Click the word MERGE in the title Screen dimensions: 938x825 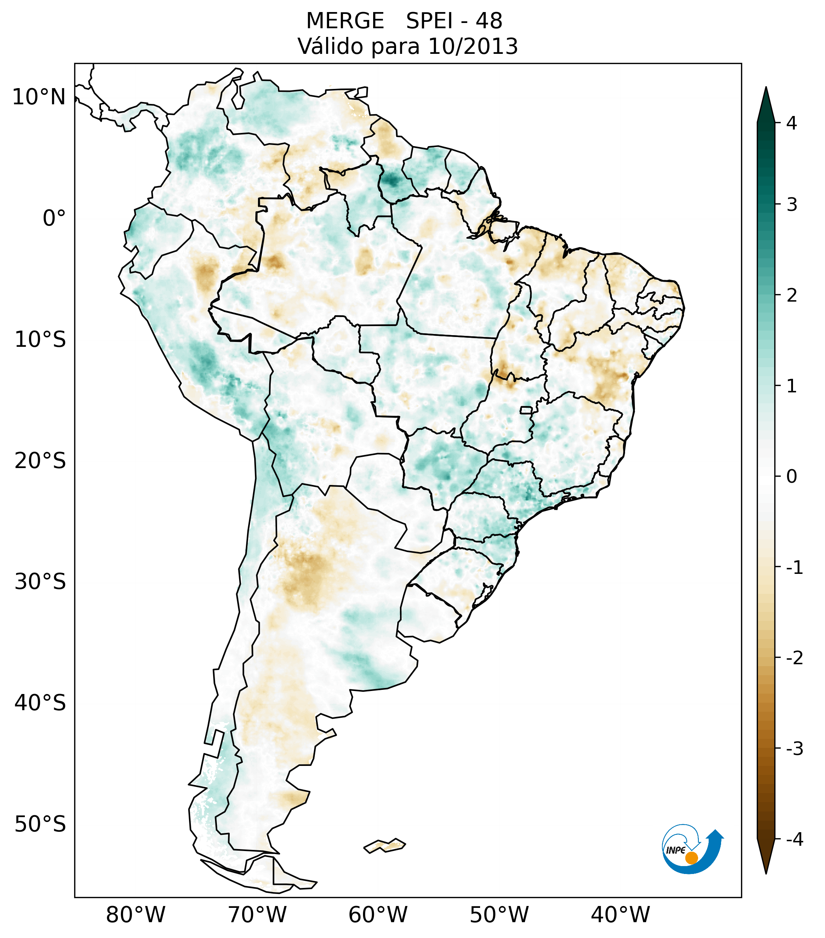click(x=345, y=21)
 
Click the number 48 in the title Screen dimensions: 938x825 click(x=489, y=21)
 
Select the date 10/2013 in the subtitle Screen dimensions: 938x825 click(x=473, y=46)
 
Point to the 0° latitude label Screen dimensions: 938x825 click(x=54, y=218)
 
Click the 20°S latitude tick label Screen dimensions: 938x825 click(x=40, y=461)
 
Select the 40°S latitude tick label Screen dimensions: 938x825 click(x=40, y=703)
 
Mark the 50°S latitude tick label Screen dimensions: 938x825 click(x=40, y=824)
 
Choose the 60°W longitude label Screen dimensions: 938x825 click(x=378, y=915)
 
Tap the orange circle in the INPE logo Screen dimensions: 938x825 click(x=691, y=858)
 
